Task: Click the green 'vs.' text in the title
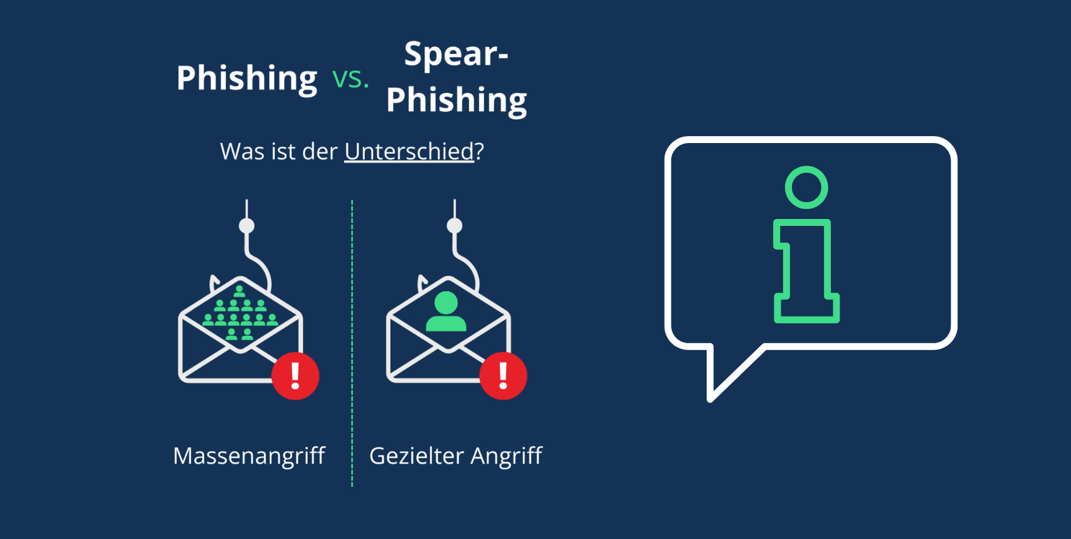click(351, 79)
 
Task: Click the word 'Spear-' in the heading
click(456, 55)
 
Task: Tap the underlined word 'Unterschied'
click(409, 152)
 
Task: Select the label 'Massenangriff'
click(249, 456)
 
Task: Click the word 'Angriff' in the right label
click(506, 456)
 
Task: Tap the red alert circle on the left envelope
click(295, 376)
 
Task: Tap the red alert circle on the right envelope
click(503, 376)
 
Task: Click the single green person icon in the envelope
click(446, 312)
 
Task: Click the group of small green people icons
click(240, 314)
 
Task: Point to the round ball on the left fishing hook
click(246, 226)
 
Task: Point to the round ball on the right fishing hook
click(455, 226)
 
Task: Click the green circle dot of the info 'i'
click(806, 188)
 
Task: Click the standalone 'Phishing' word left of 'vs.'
click(247, 79)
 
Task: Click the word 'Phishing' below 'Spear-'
click(456, 100)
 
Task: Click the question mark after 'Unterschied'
click(479, 152)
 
